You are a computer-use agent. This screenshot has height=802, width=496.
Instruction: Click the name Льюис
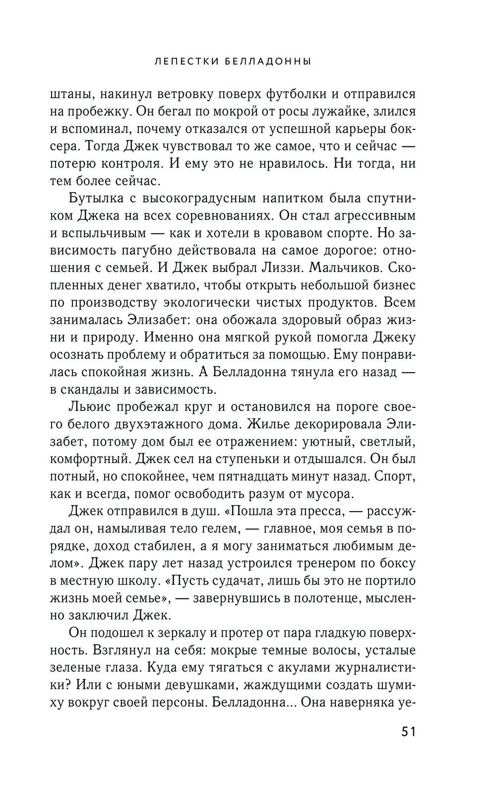(x=89, y=407)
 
